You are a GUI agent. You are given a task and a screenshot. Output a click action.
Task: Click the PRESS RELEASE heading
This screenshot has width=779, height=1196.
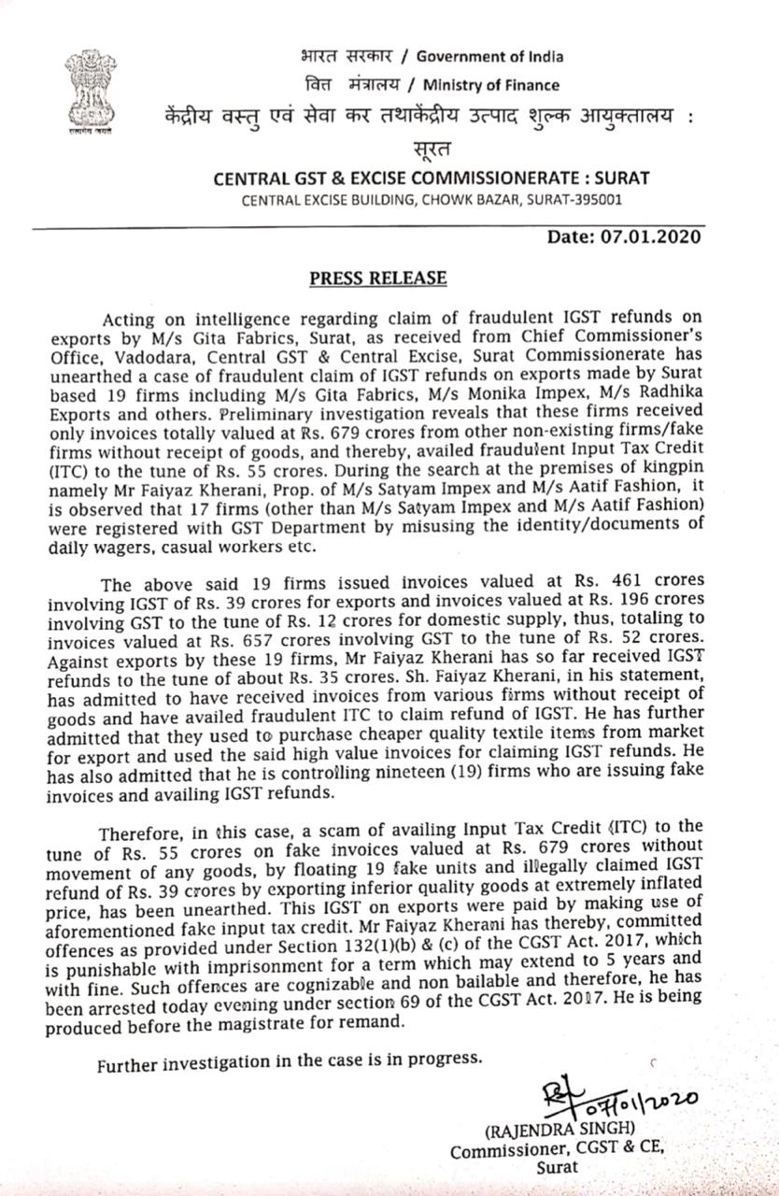378,278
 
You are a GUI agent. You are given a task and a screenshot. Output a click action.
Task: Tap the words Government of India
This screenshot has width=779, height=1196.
489,56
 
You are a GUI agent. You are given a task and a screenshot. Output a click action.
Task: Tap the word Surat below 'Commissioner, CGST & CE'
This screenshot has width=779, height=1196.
557,1166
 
